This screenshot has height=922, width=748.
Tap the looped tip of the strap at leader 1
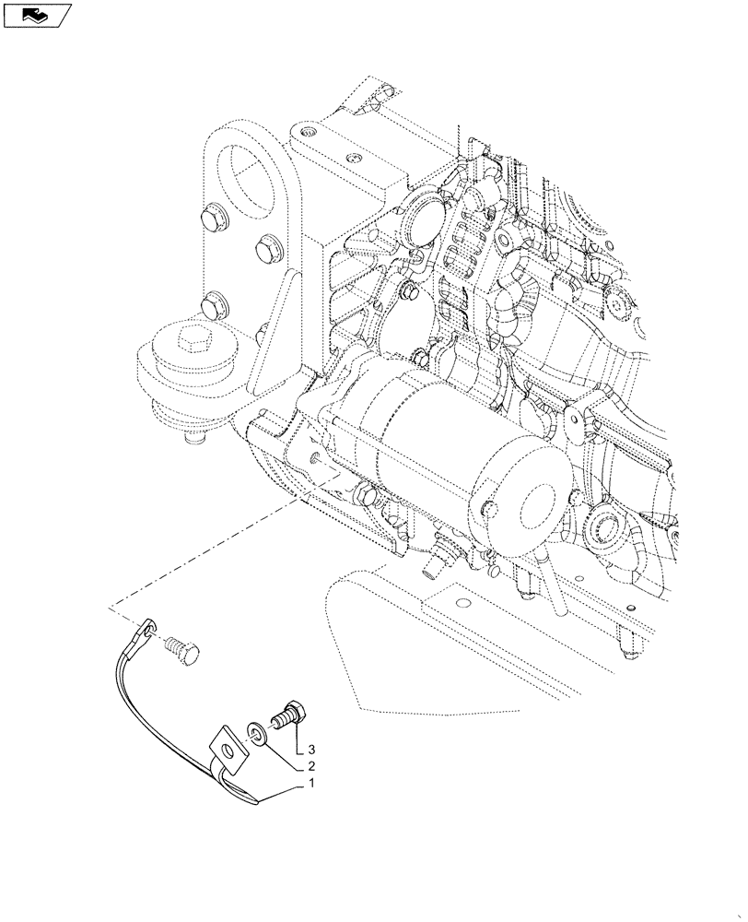[251, 795]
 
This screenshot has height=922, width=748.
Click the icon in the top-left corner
[35, 14]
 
